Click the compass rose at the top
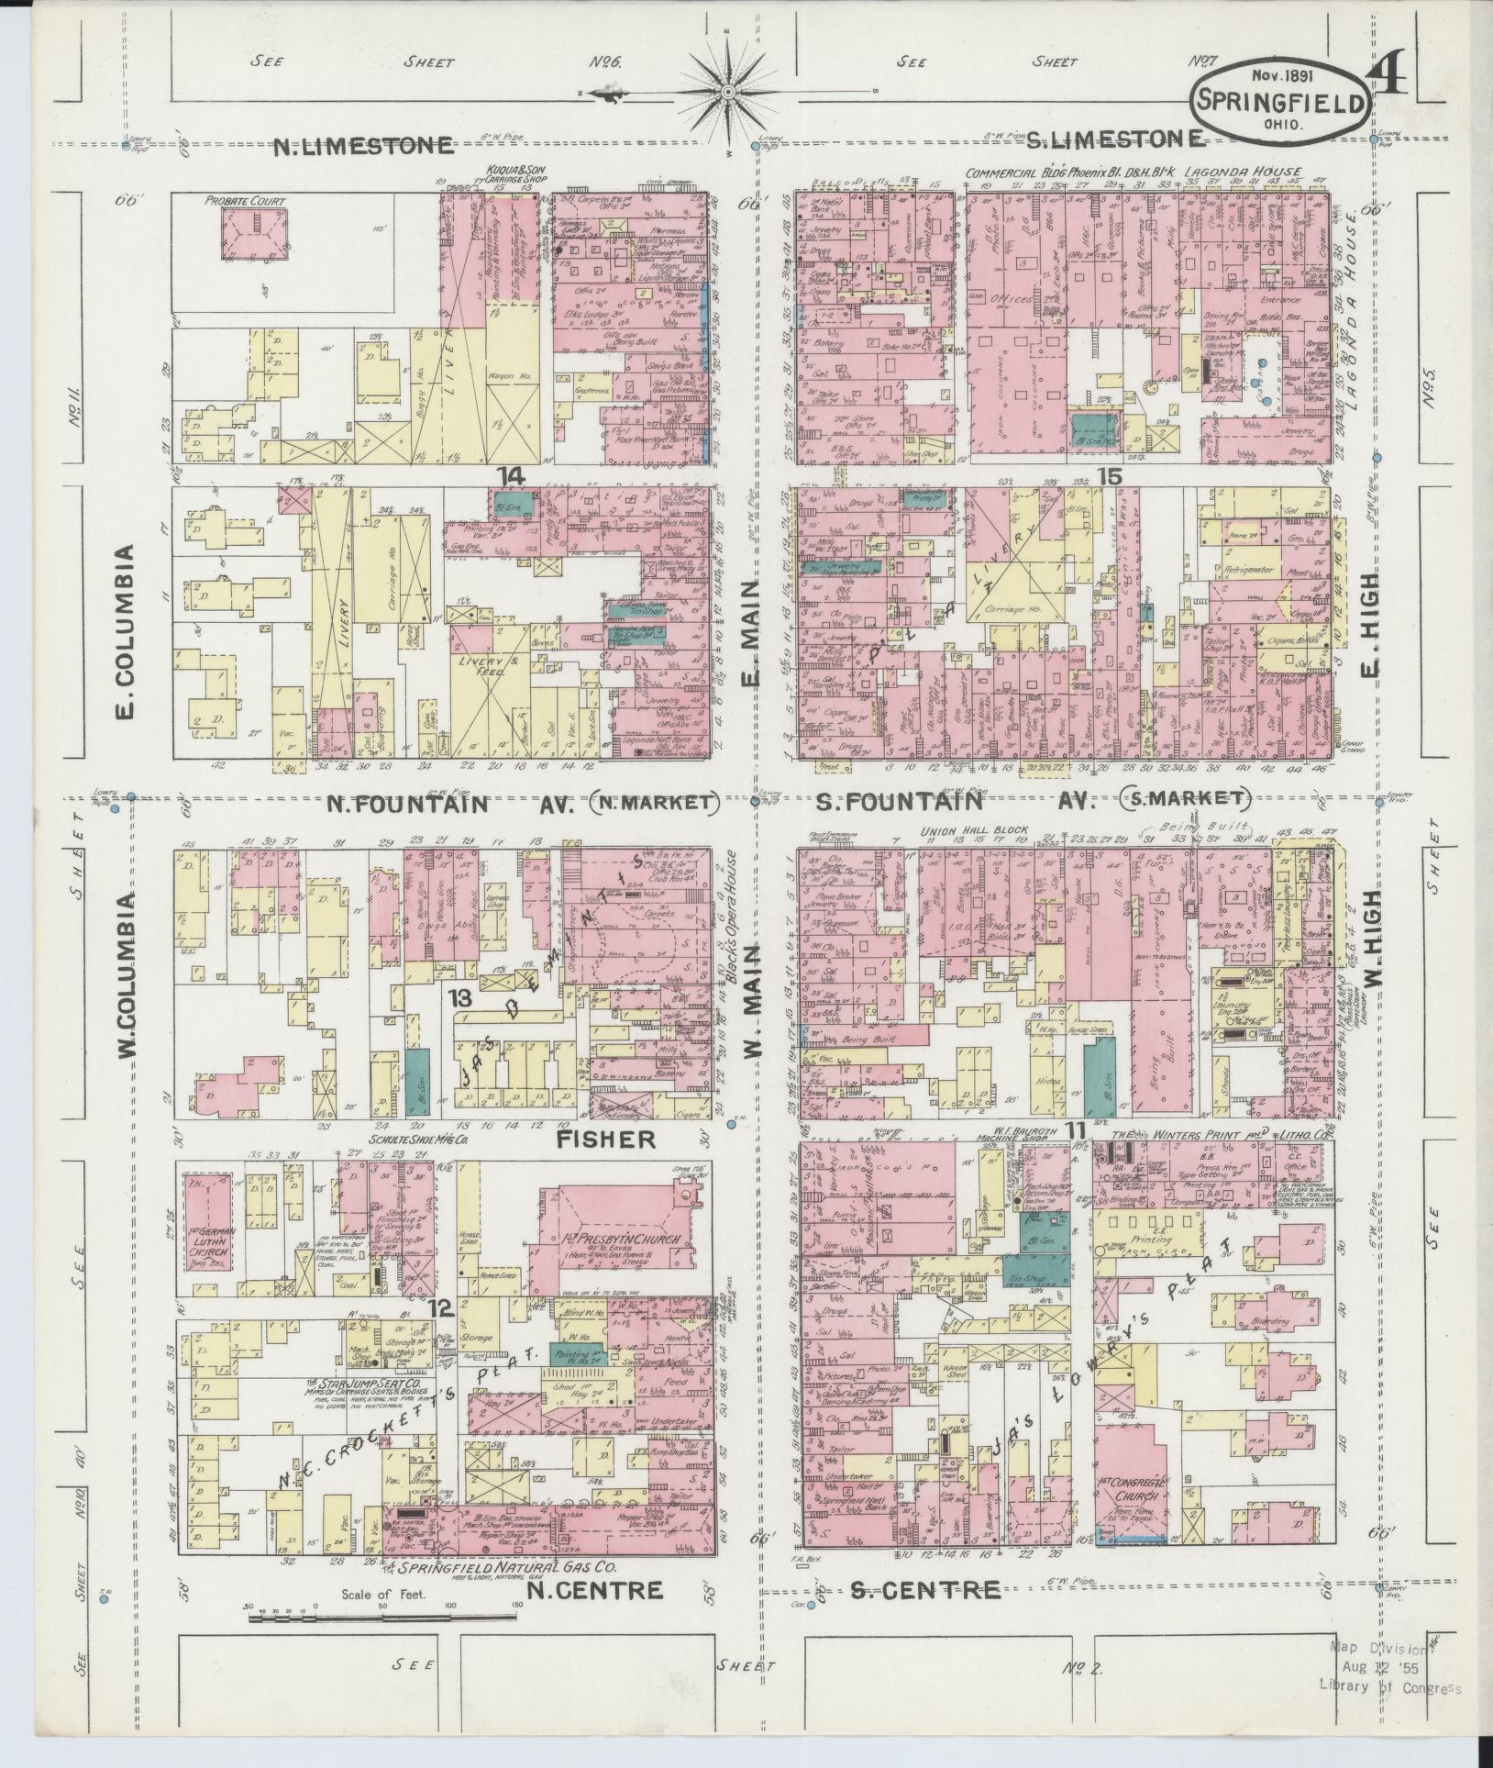coord(728,92)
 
